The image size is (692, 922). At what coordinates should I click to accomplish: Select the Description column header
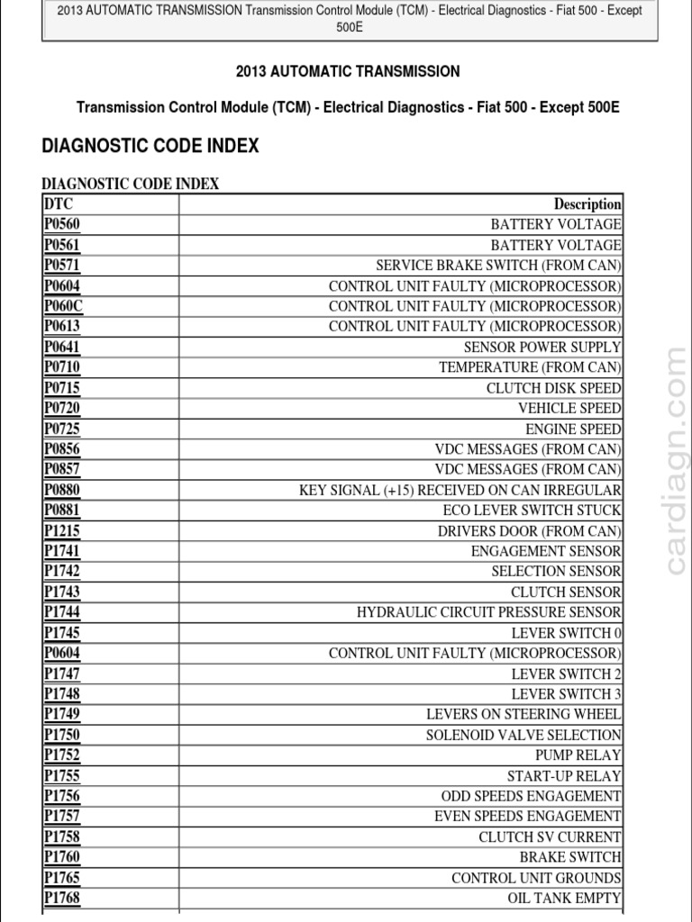(x=587, y=204)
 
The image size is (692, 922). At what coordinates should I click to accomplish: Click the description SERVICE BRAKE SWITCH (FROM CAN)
(x=498, y=266)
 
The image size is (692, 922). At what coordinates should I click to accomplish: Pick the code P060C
(x=63, y=306)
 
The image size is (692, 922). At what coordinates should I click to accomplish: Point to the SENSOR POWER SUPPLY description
(x=542, y=347)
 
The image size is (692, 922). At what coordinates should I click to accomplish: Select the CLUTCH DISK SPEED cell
(x=553, y=388)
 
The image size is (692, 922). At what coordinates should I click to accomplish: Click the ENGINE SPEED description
(x=573, y=429)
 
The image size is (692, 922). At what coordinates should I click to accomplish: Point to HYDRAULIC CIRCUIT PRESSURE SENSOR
(x=488, y=612)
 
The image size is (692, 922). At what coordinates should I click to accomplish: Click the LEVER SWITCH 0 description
(x=566, y=633)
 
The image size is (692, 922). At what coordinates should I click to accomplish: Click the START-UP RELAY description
(x=564, y=775)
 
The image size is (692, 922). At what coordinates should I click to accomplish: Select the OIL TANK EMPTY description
(x=564, y=898)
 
